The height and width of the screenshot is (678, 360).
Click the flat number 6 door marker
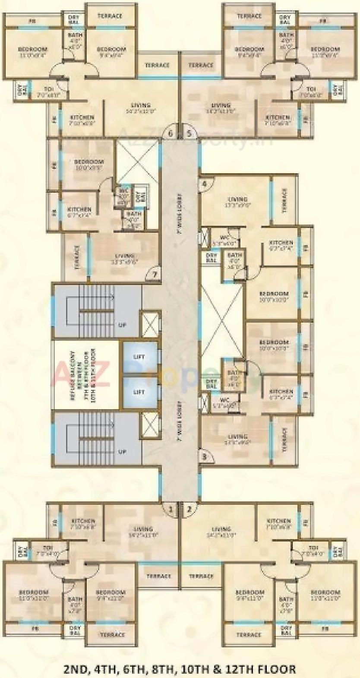click(171, 133)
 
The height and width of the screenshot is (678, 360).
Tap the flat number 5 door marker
click(189, 133)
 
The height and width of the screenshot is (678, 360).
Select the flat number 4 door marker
click(204, 184)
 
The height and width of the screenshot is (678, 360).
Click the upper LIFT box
click(139, 357)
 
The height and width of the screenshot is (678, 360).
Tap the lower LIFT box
click(139, 392)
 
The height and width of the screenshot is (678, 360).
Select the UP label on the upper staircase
click(122, 325)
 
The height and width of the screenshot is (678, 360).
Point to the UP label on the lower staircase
click(122, 452)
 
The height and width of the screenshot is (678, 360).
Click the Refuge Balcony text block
click(82, 375)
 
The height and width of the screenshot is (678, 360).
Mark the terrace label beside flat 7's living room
click(77, 257)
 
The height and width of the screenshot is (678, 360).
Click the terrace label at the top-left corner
click(110, 16)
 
